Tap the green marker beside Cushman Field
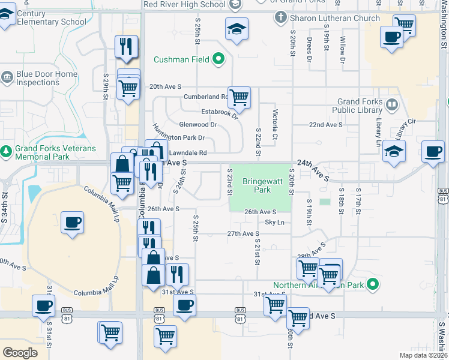click(218, 59)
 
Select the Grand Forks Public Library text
click(360, 106)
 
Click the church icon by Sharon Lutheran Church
click(280, 17)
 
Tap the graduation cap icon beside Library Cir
click(394, 151)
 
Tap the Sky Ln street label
click(272, 223)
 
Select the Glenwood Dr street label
click(197, 125)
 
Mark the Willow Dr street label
click(343, 49)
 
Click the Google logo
click(20, 352)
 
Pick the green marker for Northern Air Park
click(373, 284)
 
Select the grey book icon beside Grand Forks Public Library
click(391, 105)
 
